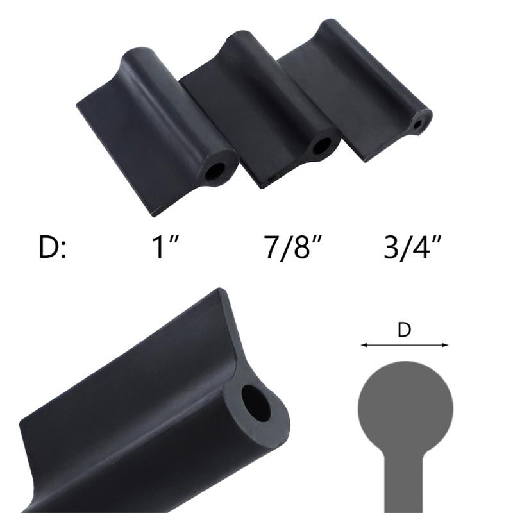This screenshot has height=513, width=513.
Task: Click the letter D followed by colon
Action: coord(52,248)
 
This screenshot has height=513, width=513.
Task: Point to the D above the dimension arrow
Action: coord(404,330)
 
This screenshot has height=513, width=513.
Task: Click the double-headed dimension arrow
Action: coord(404,345)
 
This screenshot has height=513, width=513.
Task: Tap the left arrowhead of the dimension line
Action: coord(364,345)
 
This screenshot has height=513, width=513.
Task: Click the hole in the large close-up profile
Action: coord(256,403)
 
